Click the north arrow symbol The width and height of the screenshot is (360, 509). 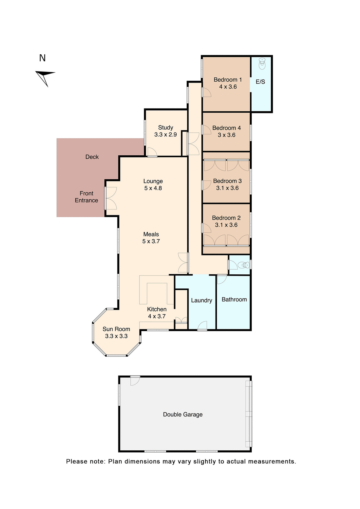click(x=45, y=77)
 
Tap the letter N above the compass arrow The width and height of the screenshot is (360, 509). click(x=42, y=58)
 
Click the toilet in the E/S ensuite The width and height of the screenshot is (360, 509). click(x=262, y=64)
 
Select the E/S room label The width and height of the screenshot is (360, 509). click(x=260, y=82)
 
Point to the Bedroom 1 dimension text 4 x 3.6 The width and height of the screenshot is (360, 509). click(x=228, y=87)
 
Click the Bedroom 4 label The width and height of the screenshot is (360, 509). click(x=226, y=128)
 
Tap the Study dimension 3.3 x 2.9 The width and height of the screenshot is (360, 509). click(x=165, y=135)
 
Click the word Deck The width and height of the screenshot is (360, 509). click(x=92, y=157)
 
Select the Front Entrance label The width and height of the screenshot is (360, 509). click(x=86, y=197)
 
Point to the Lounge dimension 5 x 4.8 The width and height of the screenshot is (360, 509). click(x=153, y=188)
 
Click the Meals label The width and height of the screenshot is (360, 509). click(x=151, y=234)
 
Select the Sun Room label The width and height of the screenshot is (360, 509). click(x=116, y=329)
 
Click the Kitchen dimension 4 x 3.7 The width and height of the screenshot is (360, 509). click(x=157, y=316)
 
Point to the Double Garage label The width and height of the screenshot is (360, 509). click(x=183, y=415)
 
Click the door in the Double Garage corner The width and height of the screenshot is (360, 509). click(x=135, y=381)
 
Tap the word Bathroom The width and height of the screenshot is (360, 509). click(x=234, y=300)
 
